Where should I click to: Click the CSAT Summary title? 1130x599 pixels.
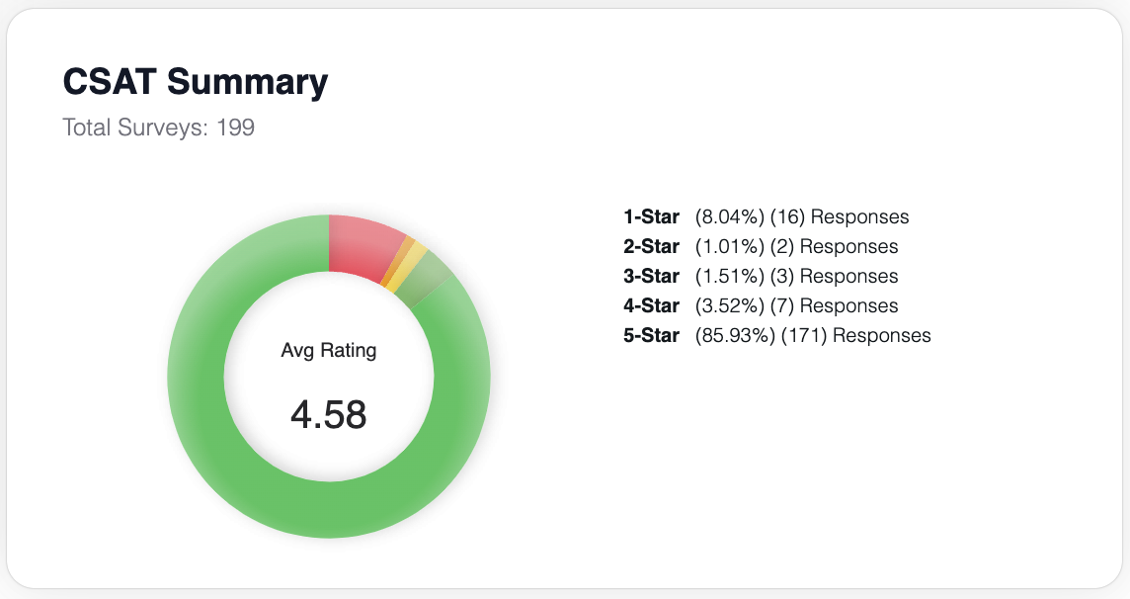coord(195,82)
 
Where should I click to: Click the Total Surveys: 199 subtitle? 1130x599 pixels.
coord(158,128)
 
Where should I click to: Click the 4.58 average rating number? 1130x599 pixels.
coord(328,415)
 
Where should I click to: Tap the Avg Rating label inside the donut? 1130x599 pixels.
coord(328,350)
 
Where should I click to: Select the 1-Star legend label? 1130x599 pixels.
coord(651,216)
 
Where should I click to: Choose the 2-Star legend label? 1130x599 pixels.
coord(651,246)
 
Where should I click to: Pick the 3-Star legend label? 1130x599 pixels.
coord(651,276)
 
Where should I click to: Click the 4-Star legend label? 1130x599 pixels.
coord(651,305)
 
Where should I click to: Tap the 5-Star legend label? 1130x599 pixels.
coord(651,335)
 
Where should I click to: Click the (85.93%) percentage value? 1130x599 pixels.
coord(735,335)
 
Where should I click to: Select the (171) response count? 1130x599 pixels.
coord(804,335)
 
